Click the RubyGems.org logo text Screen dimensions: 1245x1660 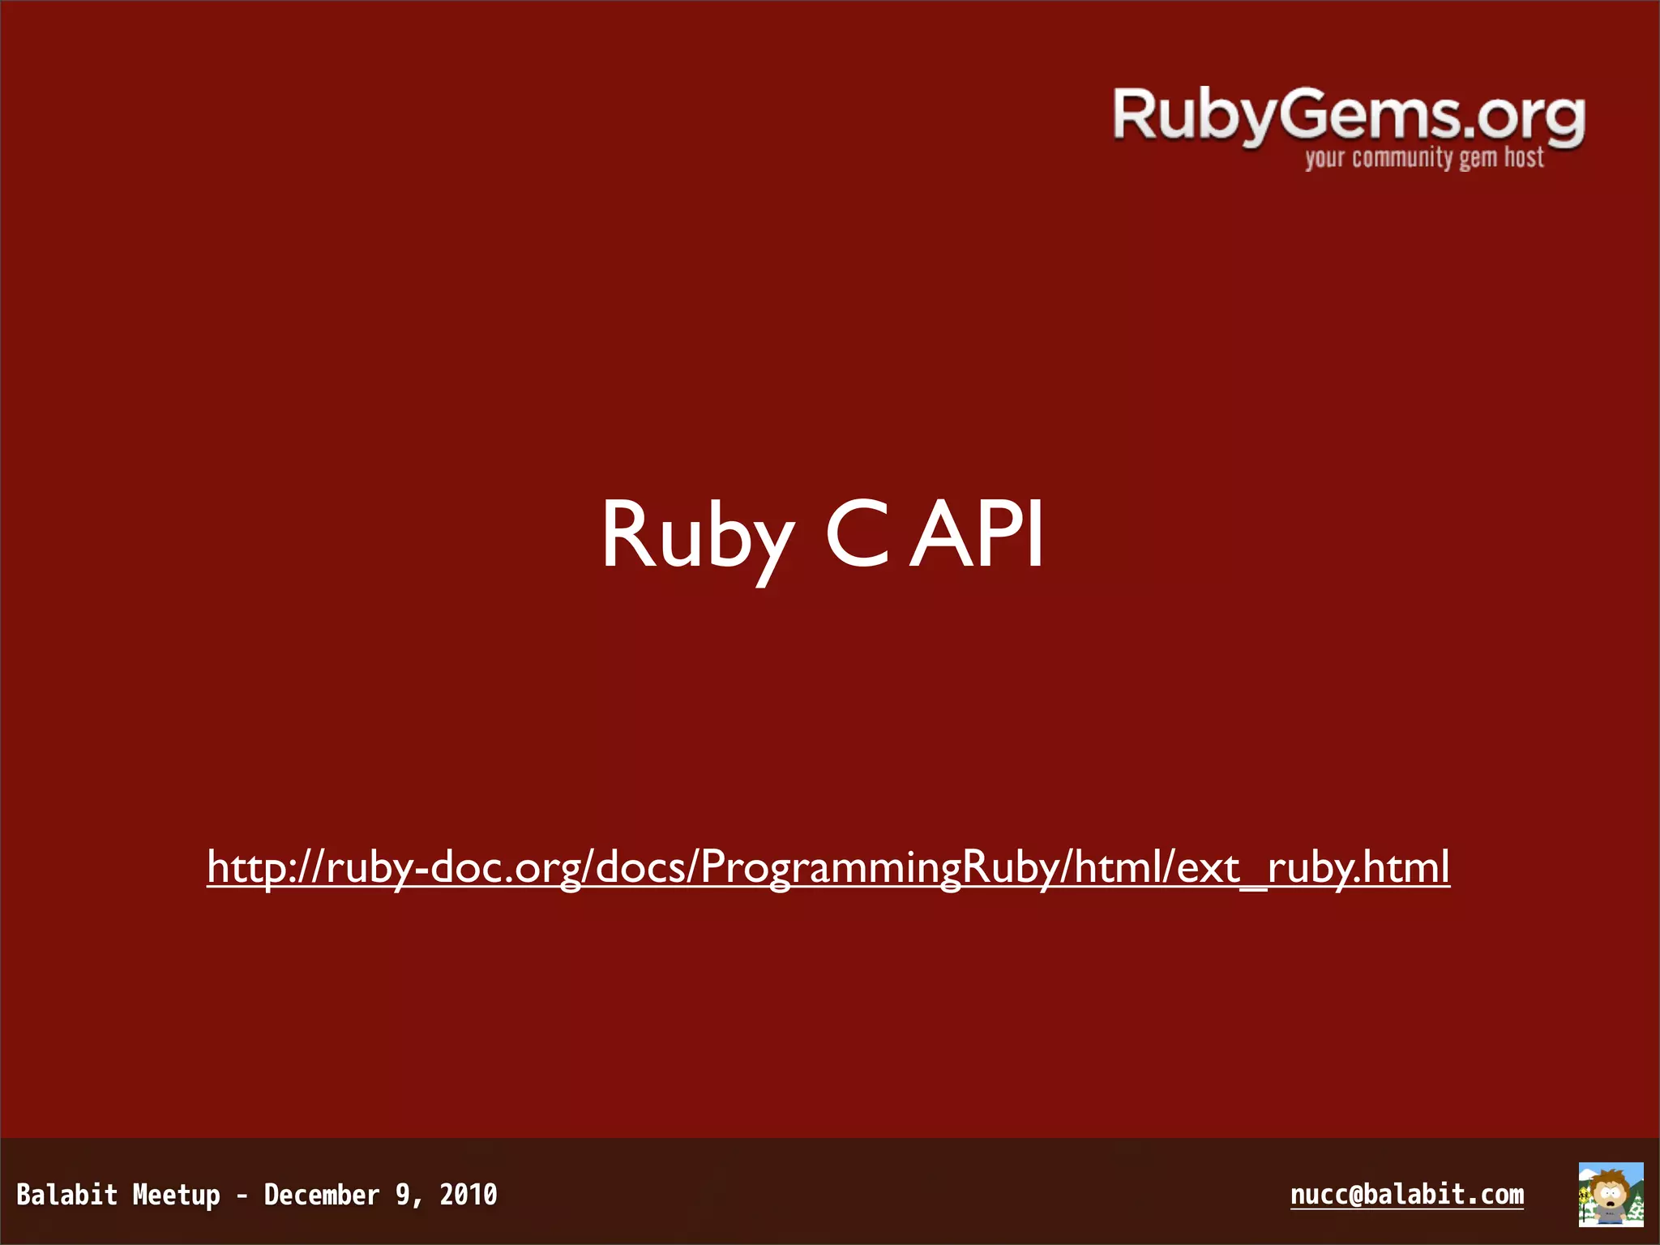[1347, 118]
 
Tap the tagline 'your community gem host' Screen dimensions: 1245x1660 [1424, 157]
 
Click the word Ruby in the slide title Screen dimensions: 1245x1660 [697, 536]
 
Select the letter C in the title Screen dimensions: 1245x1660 [858, 534]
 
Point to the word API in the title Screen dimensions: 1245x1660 [977, 534]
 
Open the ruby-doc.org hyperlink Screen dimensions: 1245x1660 [828, 867]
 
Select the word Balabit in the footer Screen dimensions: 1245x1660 [67, 1195]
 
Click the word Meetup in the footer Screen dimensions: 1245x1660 [176, 1195]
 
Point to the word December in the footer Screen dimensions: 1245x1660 [322, 1195]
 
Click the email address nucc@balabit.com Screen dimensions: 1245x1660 [1406, 1195]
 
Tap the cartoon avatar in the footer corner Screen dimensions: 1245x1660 [1611, 1195]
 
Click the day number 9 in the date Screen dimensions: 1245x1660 [403, 1195]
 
